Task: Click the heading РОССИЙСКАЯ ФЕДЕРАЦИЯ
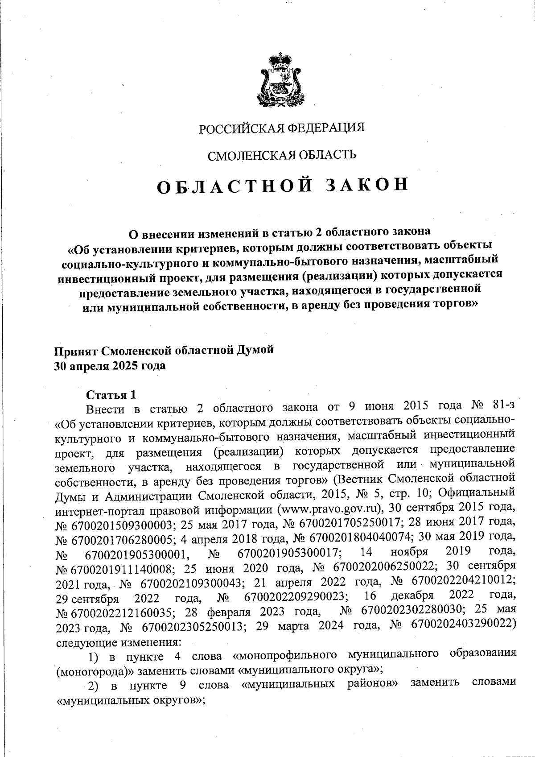281,128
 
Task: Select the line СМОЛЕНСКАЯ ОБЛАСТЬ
282,155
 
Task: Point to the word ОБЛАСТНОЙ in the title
235,186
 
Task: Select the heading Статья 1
111,395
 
